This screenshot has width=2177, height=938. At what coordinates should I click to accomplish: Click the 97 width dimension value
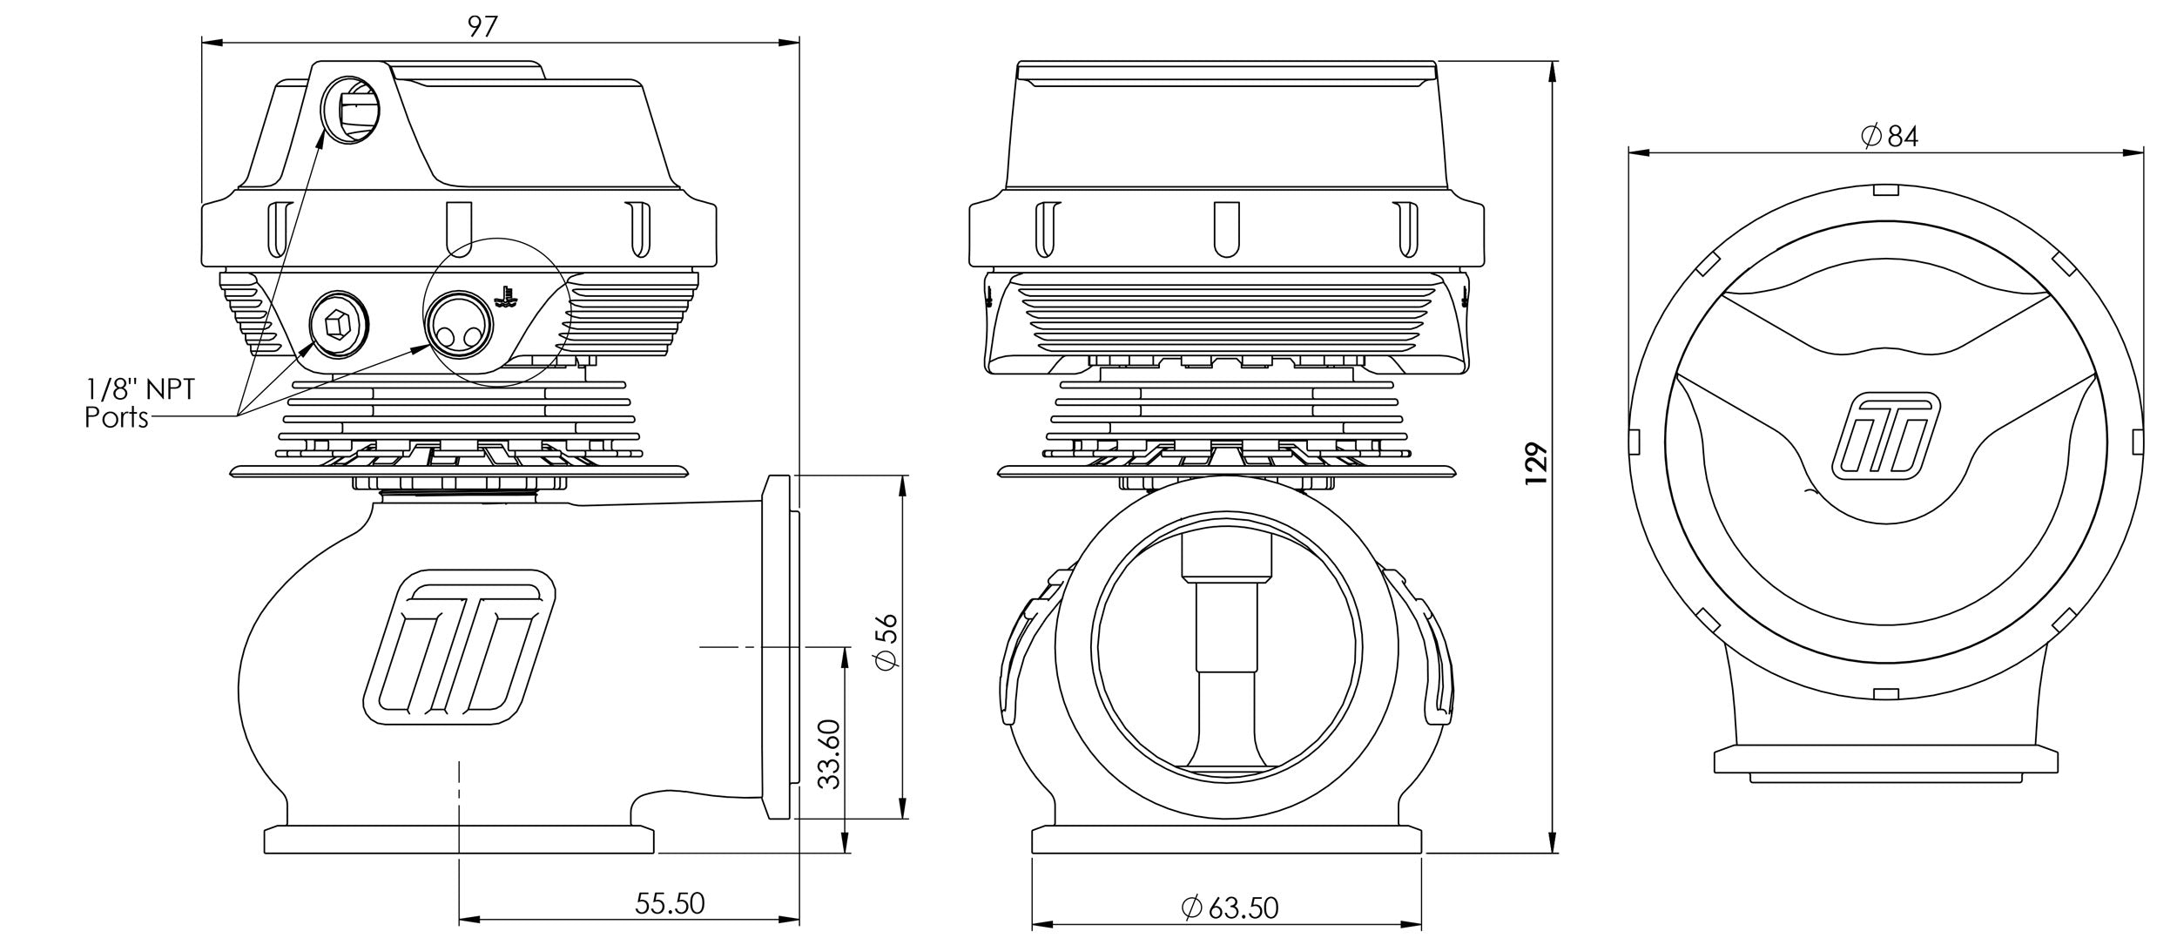click(x=482, y=26)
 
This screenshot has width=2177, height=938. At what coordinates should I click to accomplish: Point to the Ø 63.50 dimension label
click(x=1230, y=908)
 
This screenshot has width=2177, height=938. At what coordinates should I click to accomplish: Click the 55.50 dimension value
click(x=669, y=903)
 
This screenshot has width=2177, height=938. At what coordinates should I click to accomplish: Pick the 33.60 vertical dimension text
click(x=830, y=754)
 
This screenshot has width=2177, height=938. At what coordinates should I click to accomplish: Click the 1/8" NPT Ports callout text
click(x=139, y=402)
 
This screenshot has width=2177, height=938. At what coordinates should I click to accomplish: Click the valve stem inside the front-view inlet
click(x=1225, y=627)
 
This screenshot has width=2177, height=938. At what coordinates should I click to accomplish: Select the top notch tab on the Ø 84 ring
click(x=1885, y=191)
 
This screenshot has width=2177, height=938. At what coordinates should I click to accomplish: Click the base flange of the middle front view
click(x=1226, y=840)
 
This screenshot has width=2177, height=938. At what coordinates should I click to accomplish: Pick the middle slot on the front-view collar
click(x=1226, y=229)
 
